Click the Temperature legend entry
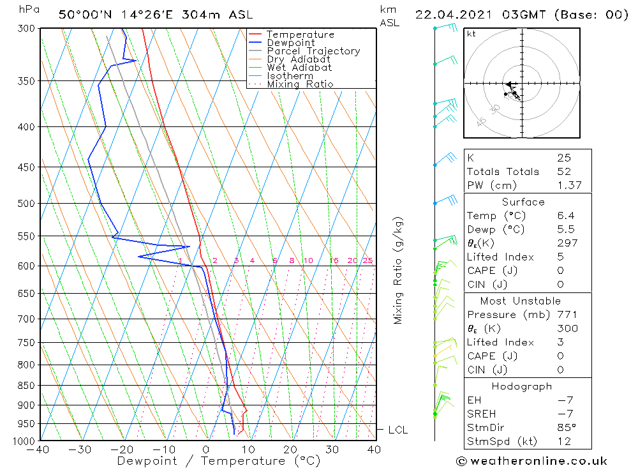(300, 34)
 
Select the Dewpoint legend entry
(290, 43)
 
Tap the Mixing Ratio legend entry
(300, 84)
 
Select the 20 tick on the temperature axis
(291, 449)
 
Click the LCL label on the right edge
(397, 430)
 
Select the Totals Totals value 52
(564, 172)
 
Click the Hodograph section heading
(522, 386)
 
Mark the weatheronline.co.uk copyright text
(531, 461)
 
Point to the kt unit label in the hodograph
(471, 34)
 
